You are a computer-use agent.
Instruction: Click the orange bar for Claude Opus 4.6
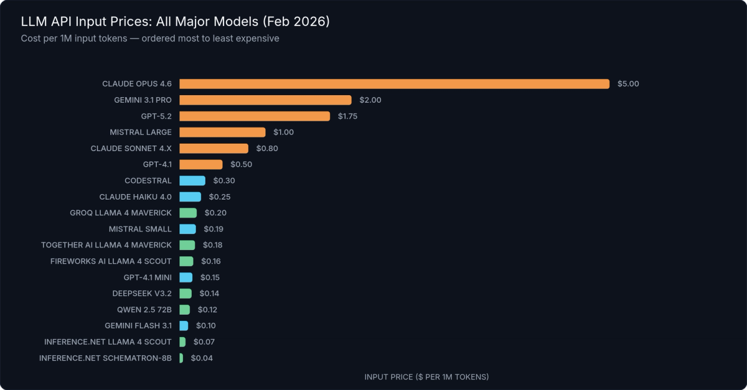[x=394, y=84]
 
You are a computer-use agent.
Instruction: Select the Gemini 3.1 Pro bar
[x=265, y=100]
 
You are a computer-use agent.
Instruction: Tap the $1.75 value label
[x=348, y=116]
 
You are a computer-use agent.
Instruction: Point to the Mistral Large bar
[x=222, y=132]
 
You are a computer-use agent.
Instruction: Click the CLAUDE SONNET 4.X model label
[x=131, y=149]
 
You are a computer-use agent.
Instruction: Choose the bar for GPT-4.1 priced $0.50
[x=200, y=165]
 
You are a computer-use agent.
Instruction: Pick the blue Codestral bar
[x=192, y=181]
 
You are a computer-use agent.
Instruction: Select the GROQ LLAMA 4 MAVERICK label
[x=121, y=213]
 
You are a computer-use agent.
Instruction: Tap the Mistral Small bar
[x=187, y=229]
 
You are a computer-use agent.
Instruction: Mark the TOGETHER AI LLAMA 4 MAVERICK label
[x=106, y=245]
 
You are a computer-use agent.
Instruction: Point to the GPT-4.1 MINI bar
[x=186, y=277]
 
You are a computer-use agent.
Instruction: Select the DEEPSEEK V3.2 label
[x=142, y=294]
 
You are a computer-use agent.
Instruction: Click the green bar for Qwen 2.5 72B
[x=184, y=310]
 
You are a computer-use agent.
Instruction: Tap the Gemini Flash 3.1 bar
[x=184, y=326]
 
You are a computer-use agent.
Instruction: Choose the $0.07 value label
[x=204, y=342]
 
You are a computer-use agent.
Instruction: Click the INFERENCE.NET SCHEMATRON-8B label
[x=105, y=358]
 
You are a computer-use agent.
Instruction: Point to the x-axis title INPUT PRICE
[x=426, y=377]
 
